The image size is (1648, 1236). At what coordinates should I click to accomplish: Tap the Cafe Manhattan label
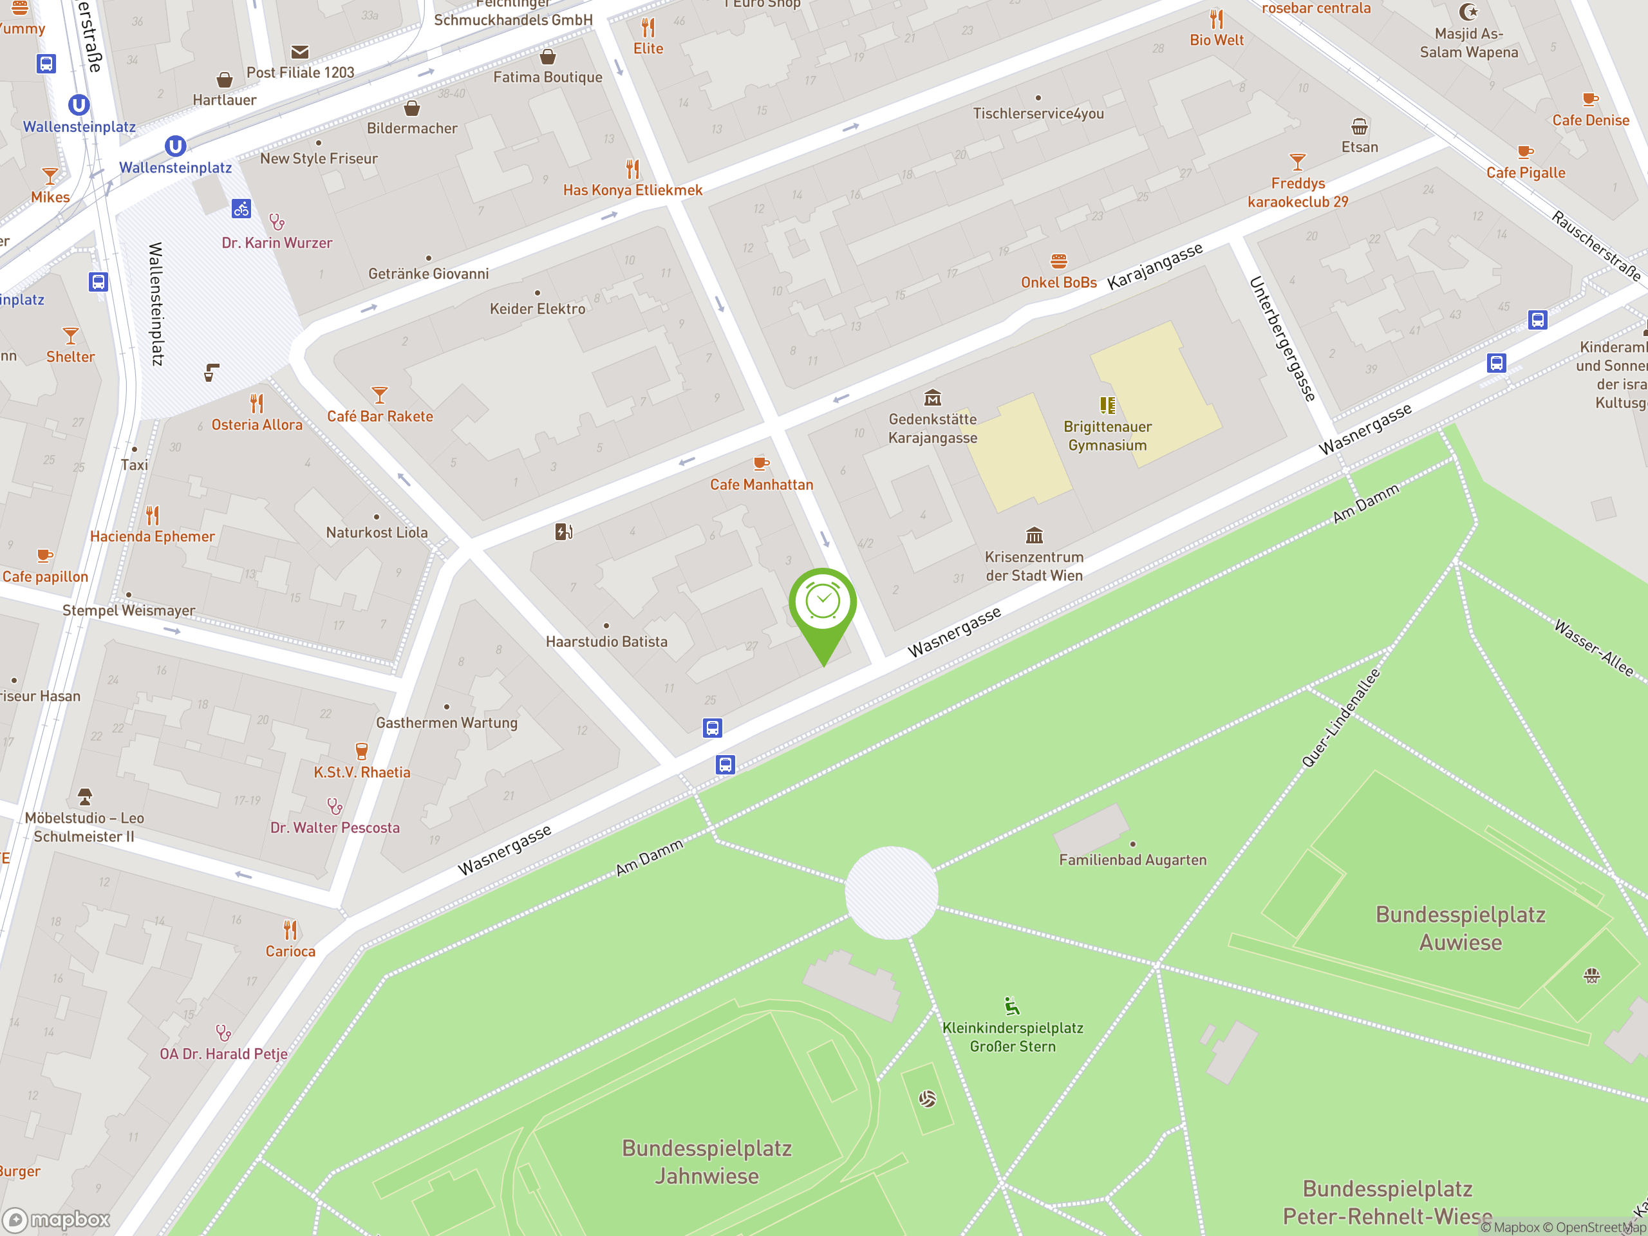pos(762,485)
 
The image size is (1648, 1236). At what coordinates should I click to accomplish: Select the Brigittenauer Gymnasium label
pos(1107,436)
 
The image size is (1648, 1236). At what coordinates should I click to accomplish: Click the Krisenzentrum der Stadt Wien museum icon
pos(1034,536)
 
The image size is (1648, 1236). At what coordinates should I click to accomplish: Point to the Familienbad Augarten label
pos(1132,860)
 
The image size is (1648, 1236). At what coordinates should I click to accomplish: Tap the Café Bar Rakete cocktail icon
pos(380,394)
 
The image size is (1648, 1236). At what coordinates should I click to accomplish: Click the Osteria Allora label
pos(257,425)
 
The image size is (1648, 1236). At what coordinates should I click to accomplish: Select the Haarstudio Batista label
pos(606,641)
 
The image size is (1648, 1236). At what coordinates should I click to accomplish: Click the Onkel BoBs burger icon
pos(1059,261)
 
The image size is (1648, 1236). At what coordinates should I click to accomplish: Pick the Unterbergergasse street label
pos(1282,339)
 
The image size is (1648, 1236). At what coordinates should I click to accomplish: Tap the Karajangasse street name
pos(1155,266)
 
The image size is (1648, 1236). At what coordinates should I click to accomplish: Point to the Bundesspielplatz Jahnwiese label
pos(706,1162)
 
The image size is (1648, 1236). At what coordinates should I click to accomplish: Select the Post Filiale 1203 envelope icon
pos(300,52)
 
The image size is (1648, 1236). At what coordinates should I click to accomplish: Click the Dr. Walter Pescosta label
pos(335,828)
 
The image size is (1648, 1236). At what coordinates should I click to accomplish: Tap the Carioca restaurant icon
pos(290,930)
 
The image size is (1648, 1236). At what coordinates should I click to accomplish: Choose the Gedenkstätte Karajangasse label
pos(933,428)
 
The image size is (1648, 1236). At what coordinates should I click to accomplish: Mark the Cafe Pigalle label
pos(1525,173)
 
